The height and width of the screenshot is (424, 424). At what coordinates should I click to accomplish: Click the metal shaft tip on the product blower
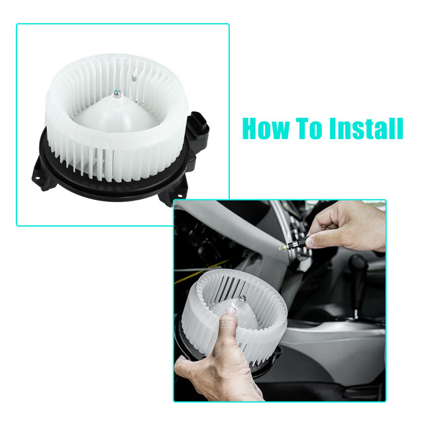click(x=117, y=93)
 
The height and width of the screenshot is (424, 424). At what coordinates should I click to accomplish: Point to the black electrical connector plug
click(x=198, y=129)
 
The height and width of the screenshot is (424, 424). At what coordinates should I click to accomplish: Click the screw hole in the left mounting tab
click(x=37, y=178)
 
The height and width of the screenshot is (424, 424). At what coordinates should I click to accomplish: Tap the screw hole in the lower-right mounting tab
click(x=180, y=195)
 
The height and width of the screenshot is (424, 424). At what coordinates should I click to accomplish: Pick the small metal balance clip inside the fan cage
click(x=134, y=79)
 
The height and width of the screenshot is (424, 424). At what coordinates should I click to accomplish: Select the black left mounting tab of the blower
click(x=43, y=174)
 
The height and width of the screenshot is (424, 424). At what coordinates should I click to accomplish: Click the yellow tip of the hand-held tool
click(x=284, y=247)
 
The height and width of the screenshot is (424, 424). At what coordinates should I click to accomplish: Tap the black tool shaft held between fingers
click(x=297, y=243)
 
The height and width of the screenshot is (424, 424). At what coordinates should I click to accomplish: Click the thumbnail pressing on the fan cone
click(x=231, y=311)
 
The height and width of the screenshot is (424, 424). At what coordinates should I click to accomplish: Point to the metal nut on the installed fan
click(x=242, y=298)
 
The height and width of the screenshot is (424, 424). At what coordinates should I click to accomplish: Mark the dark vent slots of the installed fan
click(x=228, y=287)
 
